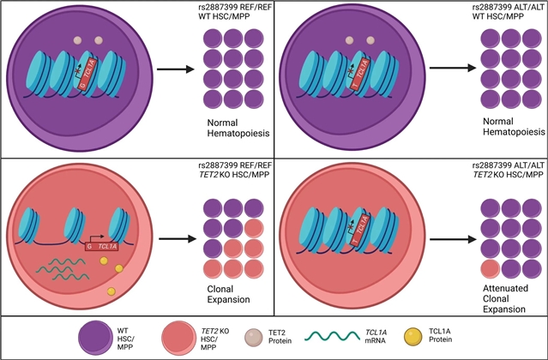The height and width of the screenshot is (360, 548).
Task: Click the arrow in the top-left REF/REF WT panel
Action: coord(169,67)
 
